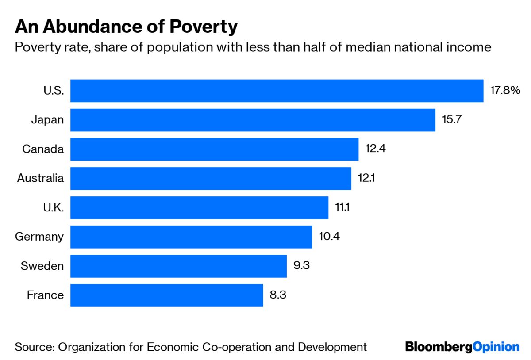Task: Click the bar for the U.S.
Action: tap(277, 91)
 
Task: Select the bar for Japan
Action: tap(253, 120)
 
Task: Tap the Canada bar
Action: tap(214, 149)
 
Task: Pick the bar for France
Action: tap(166, 295)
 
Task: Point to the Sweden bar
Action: tap(178, 266)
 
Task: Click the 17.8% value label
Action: tap(504, 91)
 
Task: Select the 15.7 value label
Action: tap(452, 120)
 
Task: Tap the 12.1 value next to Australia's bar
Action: tap(367, 178)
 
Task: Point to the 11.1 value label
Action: tap(342, 207)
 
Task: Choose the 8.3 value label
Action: tap(278, 295)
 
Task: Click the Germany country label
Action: tap(39, 237)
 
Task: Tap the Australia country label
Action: tap(40, 178)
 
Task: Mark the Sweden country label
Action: tap(42, 266)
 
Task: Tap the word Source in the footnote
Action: tap(33, 347)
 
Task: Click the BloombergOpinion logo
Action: tap(462, 347)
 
